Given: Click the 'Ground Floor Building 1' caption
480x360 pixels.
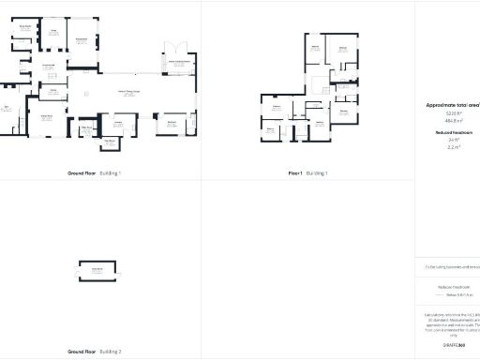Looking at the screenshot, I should pyautogui.click(x=94, y=173).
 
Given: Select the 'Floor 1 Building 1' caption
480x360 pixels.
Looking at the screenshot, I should pyautogui.click(x=307, y=173).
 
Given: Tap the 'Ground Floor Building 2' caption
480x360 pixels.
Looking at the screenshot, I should pyautogui.click(x=94, y=352).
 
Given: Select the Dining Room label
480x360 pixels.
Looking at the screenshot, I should pyautogui.click(x=82, y=38).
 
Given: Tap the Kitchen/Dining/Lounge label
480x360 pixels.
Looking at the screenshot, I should pyautogui.click(x=128, y=91).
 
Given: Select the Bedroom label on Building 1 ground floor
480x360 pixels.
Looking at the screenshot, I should pyautogui.click(x=172, y=123).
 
